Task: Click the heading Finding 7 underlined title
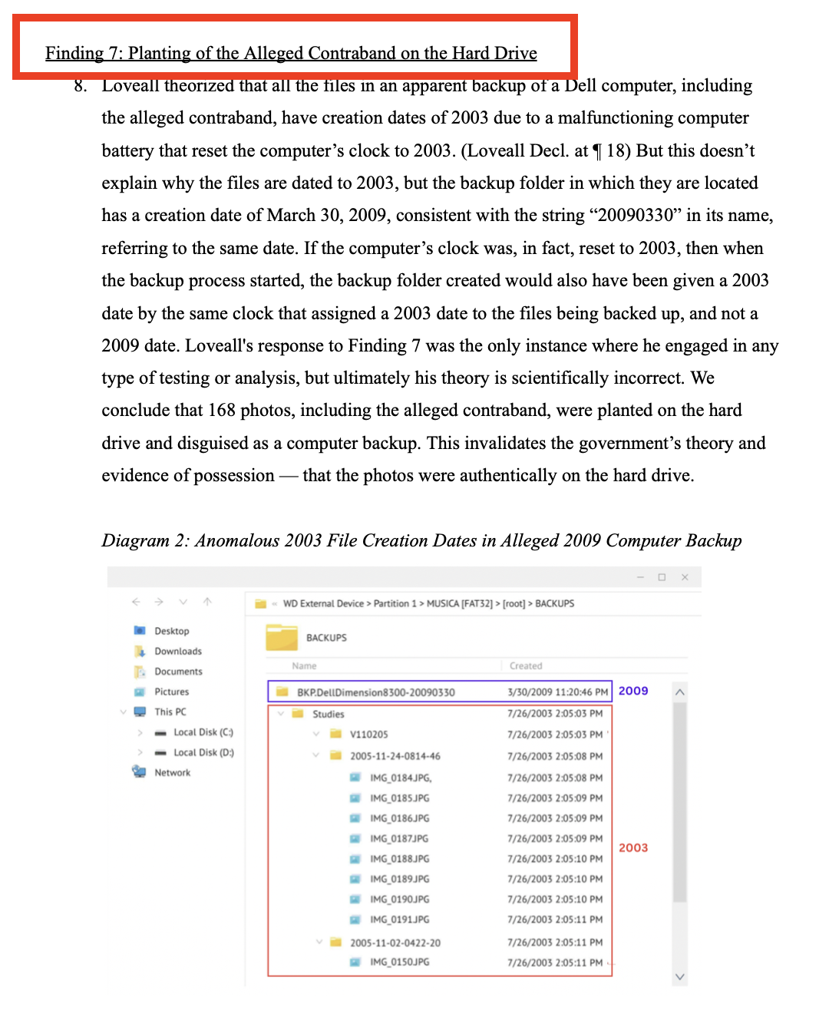pos(291,53)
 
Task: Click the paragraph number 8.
pos(80,85)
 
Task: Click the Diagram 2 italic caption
pos(421,540)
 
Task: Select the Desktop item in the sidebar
pos(171,631)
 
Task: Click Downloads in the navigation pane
pos(177,651)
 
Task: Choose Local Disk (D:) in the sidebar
pos(203,752)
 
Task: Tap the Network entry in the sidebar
pos(172,772)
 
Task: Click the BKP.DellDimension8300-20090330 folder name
pos(375,692)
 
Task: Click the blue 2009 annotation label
pos(633,691)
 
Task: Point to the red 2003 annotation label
pos(633,847)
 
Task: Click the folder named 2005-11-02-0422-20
pos(395,943)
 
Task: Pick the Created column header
pos(526,665)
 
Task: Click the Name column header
pos(304,665)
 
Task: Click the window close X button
pos(685,577)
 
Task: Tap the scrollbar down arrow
pos(679,976)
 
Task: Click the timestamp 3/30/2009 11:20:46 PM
pos(557,692)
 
